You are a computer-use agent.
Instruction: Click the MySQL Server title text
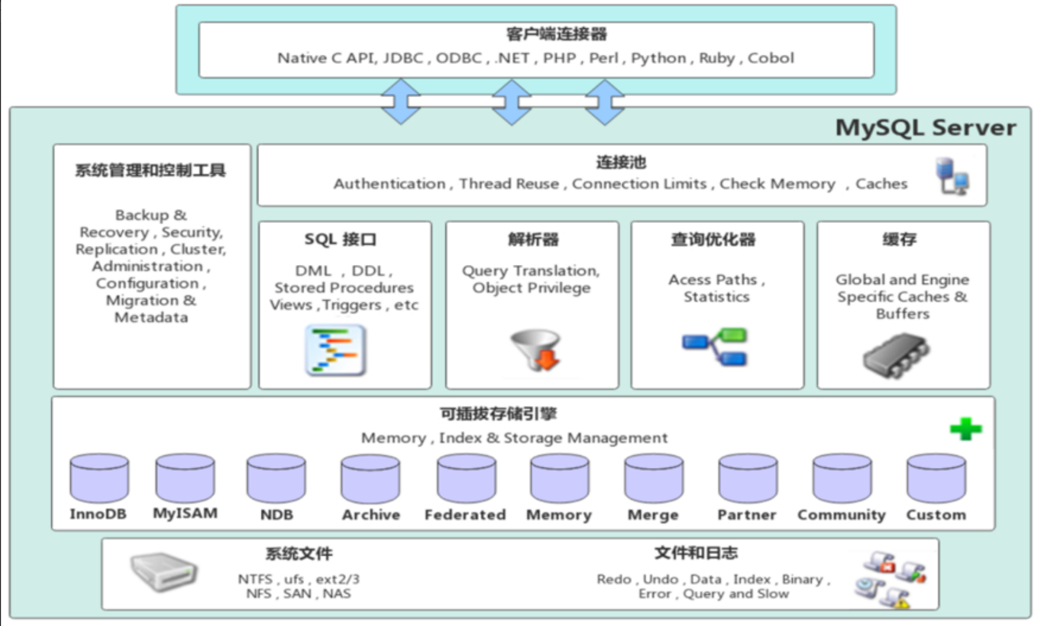coord(925,127)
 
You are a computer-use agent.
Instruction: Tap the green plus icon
coord(966,429)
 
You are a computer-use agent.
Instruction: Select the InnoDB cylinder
coord(99,478)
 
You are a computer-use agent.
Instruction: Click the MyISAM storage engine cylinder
coord(185,478)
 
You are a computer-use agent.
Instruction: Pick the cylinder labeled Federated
coord(466,478)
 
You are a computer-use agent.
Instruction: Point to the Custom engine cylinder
coord(936,478)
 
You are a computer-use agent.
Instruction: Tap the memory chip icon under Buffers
coord(896,355)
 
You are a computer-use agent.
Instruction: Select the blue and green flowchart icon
coord(715,346)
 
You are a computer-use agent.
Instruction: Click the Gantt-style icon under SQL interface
coord(336,350)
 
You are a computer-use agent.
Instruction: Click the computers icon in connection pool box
coord(952,176)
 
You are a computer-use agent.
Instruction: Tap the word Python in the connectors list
coord(658,58)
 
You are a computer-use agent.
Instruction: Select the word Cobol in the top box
coord(770,58)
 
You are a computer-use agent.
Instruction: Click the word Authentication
coord(390,184)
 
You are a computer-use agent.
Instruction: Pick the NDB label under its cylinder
coord(276,515)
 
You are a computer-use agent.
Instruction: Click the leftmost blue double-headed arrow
coord(401,101)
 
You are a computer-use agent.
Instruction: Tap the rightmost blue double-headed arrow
coord(605,102)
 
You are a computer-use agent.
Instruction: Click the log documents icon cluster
coord(891,579)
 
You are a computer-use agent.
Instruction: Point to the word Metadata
coord(151,317)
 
